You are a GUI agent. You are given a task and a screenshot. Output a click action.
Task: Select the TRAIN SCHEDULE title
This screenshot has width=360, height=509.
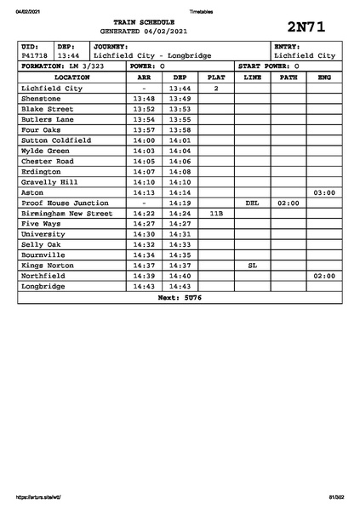[149, 20]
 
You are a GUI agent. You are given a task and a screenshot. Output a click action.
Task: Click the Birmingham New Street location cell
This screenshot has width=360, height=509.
[66, 214]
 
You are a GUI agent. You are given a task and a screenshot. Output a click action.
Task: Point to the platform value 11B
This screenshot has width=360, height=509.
[216, 214]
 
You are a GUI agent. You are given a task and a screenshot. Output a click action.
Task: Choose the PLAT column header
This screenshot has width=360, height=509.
[216, 77]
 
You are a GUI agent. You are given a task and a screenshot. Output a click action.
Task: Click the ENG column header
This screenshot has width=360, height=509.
[323, 77]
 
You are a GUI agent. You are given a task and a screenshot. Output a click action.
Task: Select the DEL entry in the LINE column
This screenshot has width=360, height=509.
[252, 203]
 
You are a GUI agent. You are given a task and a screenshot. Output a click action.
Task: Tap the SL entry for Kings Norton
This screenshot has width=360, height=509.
[252, 266]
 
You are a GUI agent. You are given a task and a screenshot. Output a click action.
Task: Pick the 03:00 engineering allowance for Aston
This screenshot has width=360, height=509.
[323, 193]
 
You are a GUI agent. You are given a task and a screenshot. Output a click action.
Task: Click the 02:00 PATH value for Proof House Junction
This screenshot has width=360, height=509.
[288, 203]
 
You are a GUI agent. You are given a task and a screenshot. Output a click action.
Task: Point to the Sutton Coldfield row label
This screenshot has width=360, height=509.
[56, 140]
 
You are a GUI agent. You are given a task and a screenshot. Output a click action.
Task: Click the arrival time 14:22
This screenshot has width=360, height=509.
[144, 214]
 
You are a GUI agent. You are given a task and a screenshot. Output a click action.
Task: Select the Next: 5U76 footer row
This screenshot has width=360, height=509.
[179, 297]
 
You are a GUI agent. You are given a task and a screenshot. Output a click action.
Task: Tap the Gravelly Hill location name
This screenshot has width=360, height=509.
[52, 182]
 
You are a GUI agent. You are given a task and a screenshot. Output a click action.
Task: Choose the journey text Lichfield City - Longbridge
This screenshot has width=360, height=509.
[152, 55]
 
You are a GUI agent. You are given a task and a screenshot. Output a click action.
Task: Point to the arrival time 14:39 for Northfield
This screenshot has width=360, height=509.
[144, 276]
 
